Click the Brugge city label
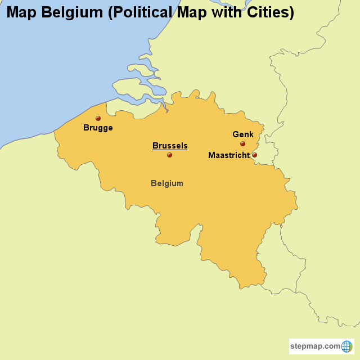click(98, 128)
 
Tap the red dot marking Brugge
click(98, 118)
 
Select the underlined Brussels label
click(170, 146)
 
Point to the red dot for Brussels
click(169, 155)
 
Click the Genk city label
click(243, 134)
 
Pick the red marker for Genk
click(242, 143)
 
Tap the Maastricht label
click(229, 155)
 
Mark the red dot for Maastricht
click(254, 155)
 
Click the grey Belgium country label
click(167, 183)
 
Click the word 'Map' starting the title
click(21, 12)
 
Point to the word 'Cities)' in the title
click(268, 12)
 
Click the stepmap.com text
click(316, 346)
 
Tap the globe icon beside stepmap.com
click(346, 346)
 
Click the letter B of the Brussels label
click(155, 146)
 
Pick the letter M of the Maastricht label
click(211, 155)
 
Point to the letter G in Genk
click(236, 134)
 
